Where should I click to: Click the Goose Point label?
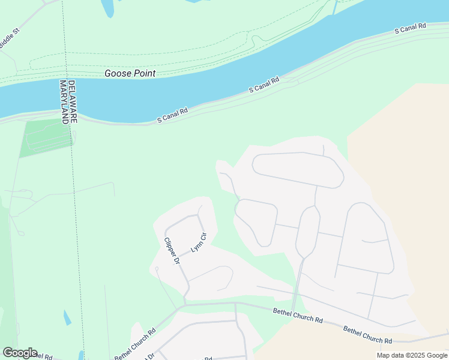[130, 73]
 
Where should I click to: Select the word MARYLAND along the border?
[64, 101]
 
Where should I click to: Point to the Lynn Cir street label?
[198, 242]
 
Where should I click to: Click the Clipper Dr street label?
[172, 251]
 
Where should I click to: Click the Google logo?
[20, 353]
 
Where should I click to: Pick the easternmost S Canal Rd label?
[410, 28]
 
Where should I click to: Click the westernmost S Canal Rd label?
[173, 115]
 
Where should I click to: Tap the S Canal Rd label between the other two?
[265, 84]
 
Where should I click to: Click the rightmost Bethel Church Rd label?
[367, 335]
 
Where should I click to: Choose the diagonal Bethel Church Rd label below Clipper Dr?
[135, 343]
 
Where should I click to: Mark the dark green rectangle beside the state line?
[45, 137]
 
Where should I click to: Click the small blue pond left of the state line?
[67, 317]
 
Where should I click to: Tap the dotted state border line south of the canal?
[76, 210]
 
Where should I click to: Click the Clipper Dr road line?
[178, 264]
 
